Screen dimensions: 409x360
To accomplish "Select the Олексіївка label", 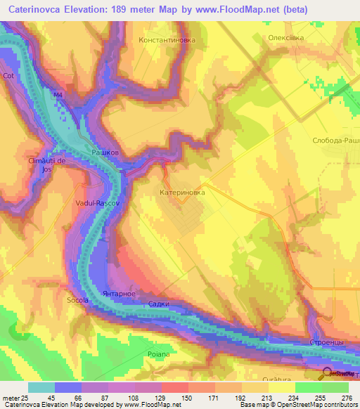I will pos(288,39).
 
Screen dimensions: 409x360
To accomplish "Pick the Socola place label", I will pos(78,300).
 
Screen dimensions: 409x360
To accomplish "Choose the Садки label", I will pos(159,304).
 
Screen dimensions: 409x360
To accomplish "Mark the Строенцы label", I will pos(326,342).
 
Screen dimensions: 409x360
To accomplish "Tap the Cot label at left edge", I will pos(8,75).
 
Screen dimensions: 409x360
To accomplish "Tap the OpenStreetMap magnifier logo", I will pos(328,372).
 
